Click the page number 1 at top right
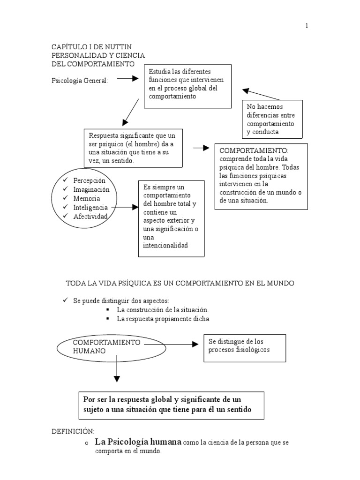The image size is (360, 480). point(307,26)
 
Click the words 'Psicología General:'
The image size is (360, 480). point(79,81)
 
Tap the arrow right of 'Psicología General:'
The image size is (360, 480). point(127,79)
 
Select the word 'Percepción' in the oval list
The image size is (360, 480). point(90,180)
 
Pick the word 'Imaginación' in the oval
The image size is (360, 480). point(91,189)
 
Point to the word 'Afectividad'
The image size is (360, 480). point(91,216)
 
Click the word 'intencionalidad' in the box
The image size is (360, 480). point(165,245)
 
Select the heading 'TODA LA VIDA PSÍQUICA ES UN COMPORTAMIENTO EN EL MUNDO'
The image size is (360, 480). point(180,284)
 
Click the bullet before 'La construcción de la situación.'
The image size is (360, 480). point(107,310)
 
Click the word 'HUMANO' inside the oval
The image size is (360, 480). point(89,351)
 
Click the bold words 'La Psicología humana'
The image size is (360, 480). point(138,442)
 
